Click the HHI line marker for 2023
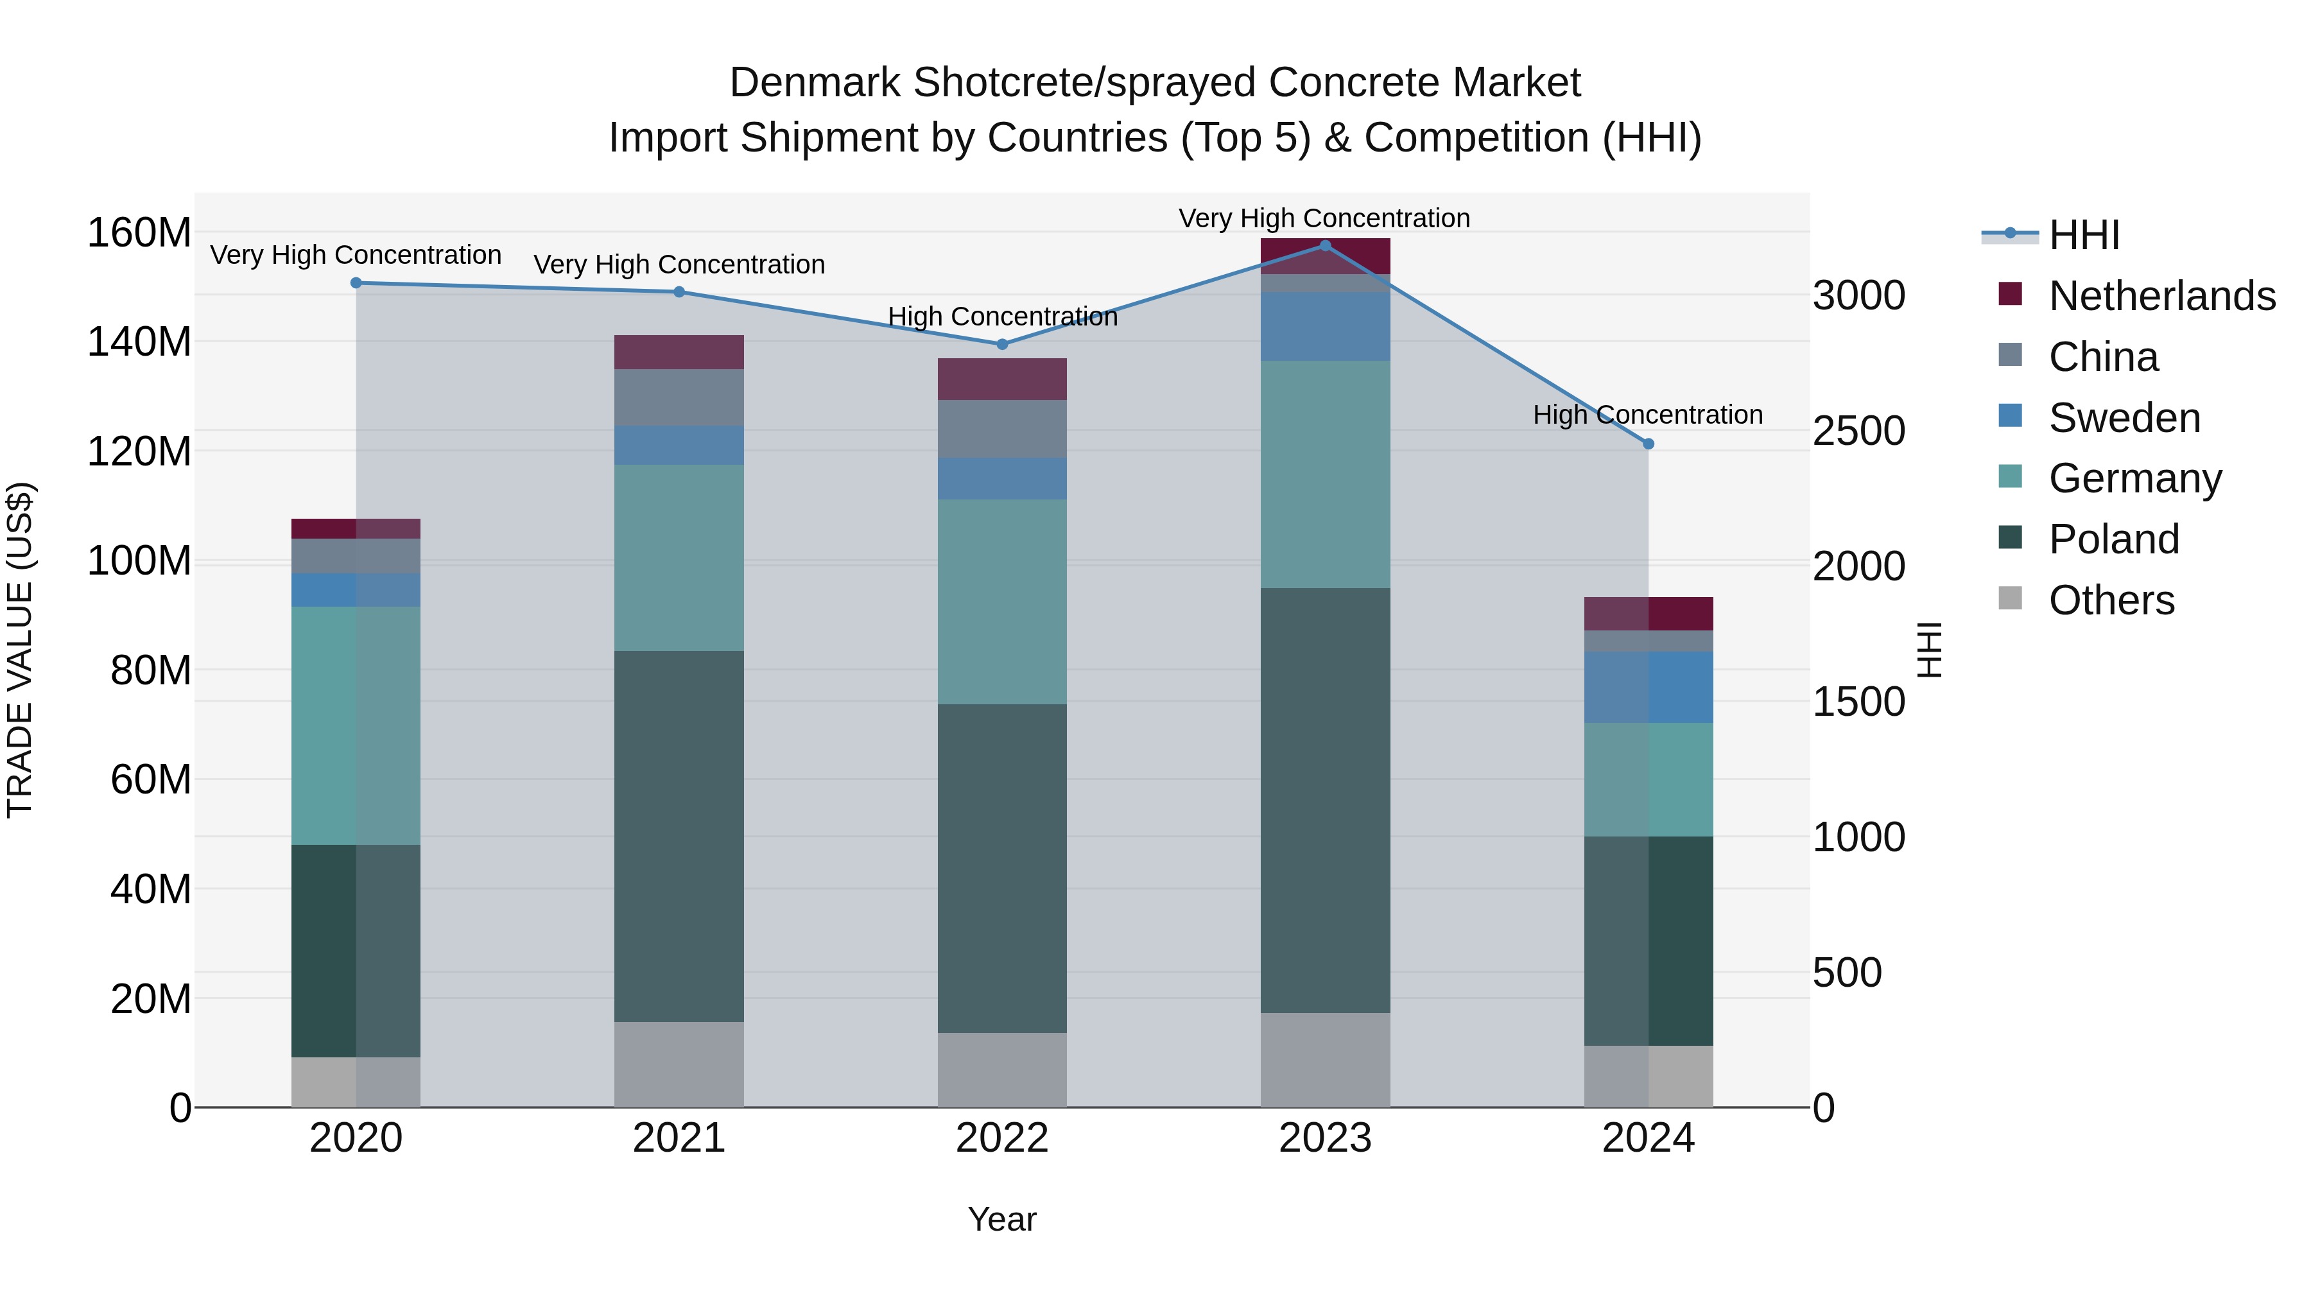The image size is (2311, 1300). [x=1325, y=245]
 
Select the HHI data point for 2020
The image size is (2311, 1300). [x=356, y=282]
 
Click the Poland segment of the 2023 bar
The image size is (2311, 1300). [x=1325, y=801]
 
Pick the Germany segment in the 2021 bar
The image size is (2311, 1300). [x=679, y=557]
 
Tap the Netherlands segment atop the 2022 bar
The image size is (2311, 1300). [x=1002, y=379]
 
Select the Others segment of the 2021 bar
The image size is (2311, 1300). [x=679, y=1064]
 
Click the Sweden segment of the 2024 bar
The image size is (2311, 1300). [x=1648, y=687]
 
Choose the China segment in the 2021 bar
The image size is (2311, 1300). [x=679, y=397]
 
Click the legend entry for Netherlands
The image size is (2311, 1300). [x=2161, y=296]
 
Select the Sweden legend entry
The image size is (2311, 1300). [x=2124, y=418]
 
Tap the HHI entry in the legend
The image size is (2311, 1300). [x=2083, y=235]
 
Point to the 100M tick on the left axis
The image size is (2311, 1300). [x=139, y=560]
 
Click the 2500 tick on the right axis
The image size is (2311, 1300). [x=1858, y=431]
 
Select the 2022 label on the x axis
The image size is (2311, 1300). [x=1002, y=1138]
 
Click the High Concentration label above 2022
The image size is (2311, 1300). [x=1002, y=316]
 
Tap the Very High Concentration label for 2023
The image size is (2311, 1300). [x=1324, y=218]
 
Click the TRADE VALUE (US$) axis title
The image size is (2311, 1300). [x=20, y=650]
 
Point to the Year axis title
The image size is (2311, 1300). [x=1002, y=1219]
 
